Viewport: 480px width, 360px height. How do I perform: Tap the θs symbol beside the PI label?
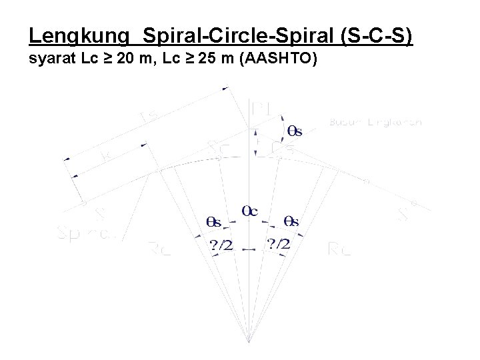coord(293,131)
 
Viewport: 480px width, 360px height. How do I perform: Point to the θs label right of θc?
coord(291,221)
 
